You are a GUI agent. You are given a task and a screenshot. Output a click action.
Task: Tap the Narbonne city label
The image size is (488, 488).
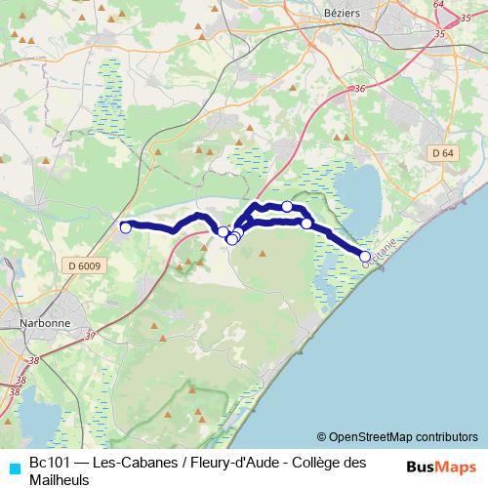(43, 323)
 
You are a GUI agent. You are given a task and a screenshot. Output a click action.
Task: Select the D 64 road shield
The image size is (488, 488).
(442, 153)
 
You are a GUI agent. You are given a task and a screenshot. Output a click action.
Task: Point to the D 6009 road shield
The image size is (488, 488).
(85, 265)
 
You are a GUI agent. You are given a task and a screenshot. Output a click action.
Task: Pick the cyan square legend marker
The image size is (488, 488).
(12, 465)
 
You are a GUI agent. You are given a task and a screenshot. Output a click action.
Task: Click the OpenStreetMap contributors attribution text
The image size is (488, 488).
(396, 436)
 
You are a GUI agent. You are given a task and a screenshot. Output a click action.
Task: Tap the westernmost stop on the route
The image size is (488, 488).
(125, 227)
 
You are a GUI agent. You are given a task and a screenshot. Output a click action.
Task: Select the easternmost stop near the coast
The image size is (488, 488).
(366, 257)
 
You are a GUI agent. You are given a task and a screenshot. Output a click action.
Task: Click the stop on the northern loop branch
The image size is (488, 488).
(287, 206)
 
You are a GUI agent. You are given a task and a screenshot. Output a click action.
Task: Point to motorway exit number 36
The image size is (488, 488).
(360, 89)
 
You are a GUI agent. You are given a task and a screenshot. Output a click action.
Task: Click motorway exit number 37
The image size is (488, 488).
(91, 336)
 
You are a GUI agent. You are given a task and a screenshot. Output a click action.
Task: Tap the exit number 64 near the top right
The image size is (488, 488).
(438, 4)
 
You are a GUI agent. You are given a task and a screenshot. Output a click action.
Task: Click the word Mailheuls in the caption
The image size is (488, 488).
(61, 479)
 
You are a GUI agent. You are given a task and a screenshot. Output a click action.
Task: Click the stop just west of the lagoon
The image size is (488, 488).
(306, 224)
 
